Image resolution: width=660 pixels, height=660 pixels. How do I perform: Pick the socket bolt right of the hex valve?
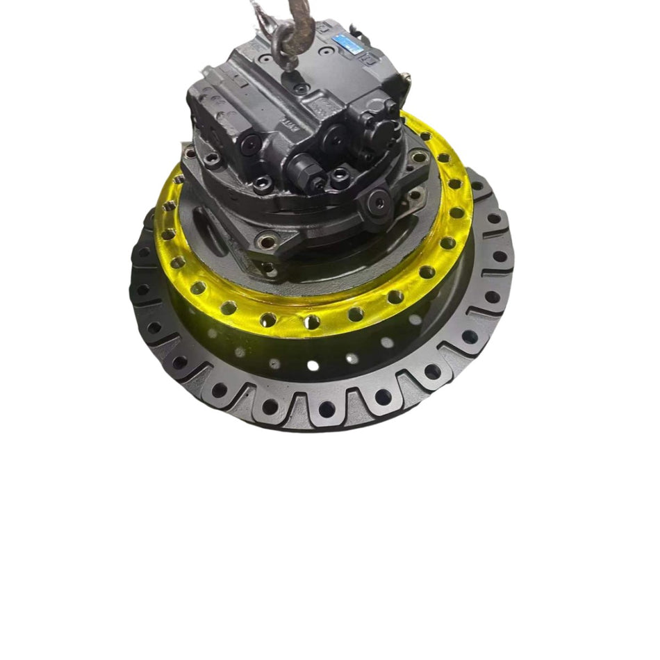click(340, 176)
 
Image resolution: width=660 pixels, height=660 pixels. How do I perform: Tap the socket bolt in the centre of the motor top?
click(301, 88)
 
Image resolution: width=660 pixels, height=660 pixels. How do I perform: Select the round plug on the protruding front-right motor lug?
click(379, 201)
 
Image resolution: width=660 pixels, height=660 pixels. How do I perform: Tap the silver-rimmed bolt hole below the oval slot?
click(266, 243)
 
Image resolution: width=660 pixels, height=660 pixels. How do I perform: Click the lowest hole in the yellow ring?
click(312, 322)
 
